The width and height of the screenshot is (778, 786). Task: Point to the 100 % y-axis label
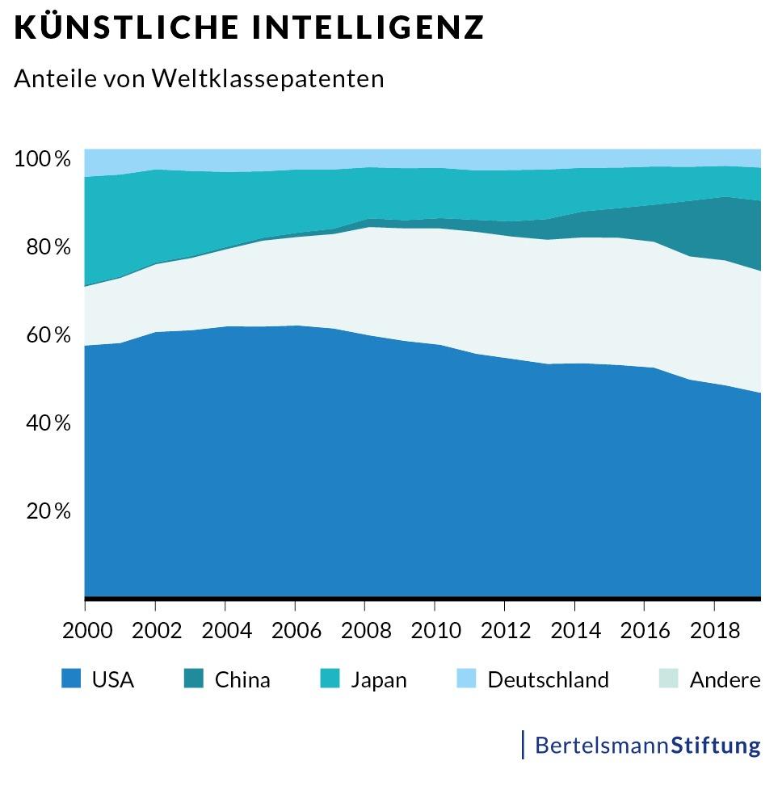43,159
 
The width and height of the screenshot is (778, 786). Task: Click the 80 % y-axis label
48,247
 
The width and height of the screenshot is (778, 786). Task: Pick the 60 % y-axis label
48,335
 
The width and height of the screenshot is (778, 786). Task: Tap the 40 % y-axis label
48,423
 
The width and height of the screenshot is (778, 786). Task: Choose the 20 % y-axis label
48,511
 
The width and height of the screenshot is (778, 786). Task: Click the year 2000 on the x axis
86,630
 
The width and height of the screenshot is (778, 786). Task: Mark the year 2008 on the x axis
365,630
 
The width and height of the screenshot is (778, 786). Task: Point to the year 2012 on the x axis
505,630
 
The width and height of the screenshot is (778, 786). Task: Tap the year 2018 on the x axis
714,630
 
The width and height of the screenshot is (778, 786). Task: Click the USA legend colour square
71,679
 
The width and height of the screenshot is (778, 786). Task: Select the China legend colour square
195,679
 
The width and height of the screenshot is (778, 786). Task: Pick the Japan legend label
378,680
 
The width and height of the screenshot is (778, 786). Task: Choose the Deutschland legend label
548,680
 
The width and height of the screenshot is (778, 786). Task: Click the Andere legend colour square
667,679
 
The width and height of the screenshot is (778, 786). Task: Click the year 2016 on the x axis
645,630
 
